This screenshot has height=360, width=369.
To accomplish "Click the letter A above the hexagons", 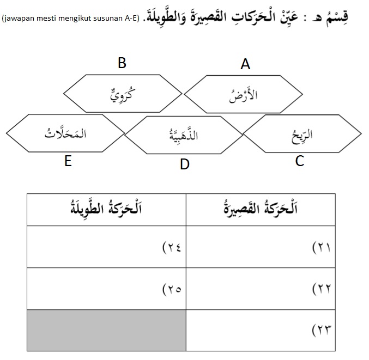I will [x=245, y=65].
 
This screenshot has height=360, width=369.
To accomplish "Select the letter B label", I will [x=122, y=63].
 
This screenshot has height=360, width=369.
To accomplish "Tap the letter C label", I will [x=299, y=161].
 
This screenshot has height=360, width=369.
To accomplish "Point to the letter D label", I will [x=185, y=164].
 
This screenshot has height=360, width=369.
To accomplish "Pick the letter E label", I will [x=68, y=162].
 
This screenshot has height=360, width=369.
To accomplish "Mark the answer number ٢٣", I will [x=323, y=329].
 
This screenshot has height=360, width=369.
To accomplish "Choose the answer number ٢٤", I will [x=172, y=247].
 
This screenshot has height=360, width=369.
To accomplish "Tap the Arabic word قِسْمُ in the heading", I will [x=348, y=15].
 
